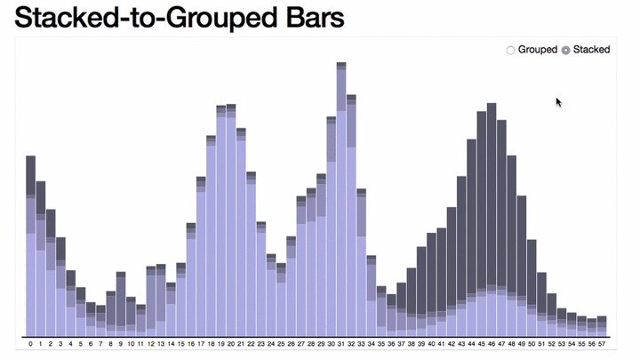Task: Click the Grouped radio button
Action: click(510, 50)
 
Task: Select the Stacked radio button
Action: click(565, 50)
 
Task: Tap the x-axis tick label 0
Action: click(30, 343)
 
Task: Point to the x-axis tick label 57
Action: click(602, 343)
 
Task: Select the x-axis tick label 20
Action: click(231, 343)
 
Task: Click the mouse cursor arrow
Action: click(558, 101)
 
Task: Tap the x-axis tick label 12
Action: click(151, 343)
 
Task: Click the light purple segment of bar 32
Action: click(351, 240)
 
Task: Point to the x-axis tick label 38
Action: click(412, 343)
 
